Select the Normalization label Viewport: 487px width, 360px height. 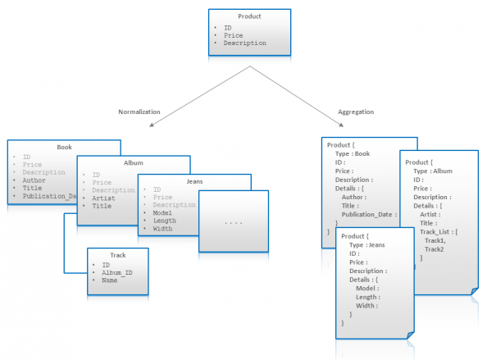139,112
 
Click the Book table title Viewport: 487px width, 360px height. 64,147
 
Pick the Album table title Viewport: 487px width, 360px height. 133,163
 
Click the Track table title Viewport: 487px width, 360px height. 118,255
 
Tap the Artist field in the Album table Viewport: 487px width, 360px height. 105,198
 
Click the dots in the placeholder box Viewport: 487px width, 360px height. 234,222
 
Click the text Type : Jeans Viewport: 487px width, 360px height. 366,244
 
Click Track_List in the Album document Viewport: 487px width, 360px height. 440,231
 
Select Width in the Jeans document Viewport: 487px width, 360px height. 366,305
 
